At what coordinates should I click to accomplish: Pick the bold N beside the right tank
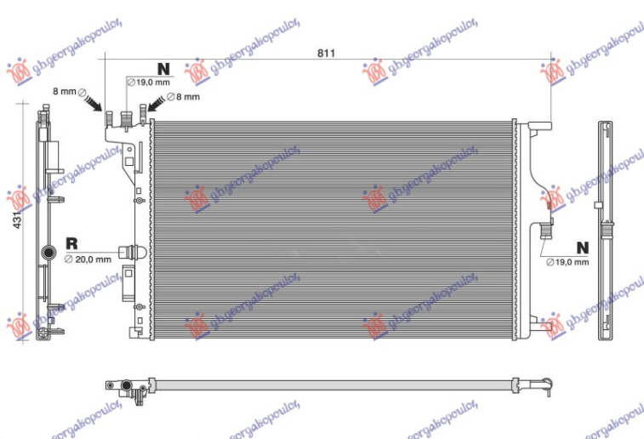point(582,248)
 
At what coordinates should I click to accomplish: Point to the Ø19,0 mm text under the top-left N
point(149,83)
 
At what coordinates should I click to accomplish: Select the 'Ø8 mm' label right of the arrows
point(185,97)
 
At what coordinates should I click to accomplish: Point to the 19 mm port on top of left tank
point(126,120)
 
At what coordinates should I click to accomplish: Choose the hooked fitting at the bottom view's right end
point(544,387)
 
